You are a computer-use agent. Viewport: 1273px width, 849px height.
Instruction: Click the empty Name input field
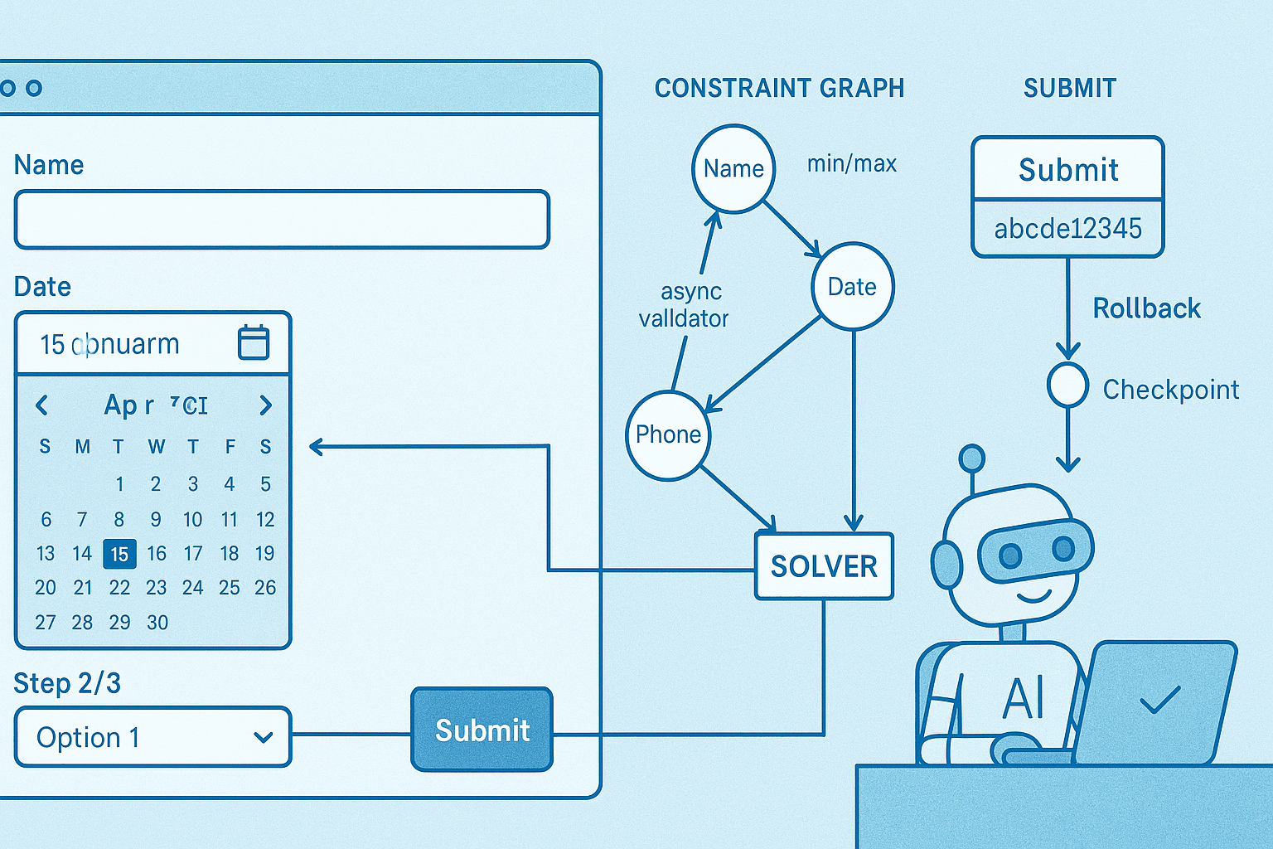pyautogui.click(x=282, y=220)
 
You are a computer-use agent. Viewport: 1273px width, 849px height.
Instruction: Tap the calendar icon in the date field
pyautogui.click(x=254, y=342)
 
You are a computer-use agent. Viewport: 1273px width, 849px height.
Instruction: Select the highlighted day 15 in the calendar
pyautogui.click(x=119, y=554)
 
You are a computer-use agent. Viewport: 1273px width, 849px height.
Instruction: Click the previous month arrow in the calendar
pyautogui.click(x=42, y=405)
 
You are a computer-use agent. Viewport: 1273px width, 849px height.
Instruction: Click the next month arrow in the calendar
pyautogui.click(x=265, y=405)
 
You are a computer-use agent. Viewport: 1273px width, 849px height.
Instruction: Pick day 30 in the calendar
pyautogui.click(x=157, y=623)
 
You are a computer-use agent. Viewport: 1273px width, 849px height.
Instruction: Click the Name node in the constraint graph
pyautogui.click(x=733, y=169)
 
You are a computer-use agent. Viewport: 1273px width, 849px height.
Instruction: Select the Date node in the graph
pyautogui.click(x=853, y=287)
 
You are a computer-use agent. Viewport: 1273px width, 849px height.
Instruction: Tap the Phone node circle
pyautogui.click(x=668, y=434)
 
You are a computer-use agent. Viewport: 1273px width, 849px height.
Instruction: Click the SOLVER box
pyautogui.click(x=824, y=566)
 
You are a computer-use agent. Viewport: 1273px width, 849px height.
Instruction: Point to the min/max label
pyautogui.click(x=852, y=164)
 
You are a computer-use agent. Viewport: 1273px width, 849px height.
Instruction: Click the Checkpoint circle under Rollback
pyautogui.click(x=1067, y=385)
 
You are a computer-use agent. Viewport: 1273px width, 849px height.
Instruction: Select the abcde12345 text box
pyautogui.click(x=1067, y=229)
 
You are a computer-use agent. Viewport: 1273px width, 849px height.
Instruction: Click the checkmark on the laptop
pyautogui.click(x=1160, y=701)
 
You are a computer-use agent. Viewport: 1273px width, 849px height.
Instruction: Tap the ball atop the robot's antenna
pyautogui.click(x=971, y=458)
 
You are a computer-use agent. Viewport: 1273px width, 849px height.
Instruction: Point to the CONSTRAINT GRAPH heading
pyautogui.click(x=779, y=88)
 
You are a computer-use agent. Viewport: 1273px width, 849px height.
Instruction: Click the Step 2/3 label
pyautogui.click(x=67, y=684)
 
